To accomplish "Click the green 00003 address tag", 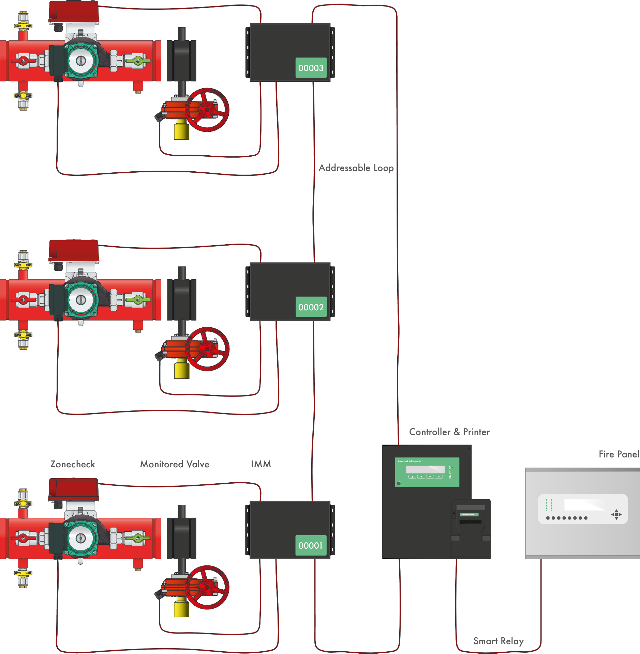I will point(311,68).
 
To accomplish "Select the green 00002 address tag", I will point(311,307).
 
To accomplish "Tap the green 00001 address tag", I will point(311,545).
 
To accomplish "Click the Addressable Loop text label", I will point(356,168).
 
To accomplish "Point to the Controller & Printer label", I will point(449,432).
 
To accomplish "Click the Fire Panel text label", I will point(619,454).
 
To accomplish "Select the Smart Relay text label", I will point(498,641).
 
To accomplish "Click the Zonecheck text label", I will point(73,464).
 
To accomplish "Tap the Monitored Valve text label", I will point(175,464).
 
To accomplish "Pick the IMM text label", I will point(261,464).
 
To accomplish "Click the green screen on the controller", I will point(427,472).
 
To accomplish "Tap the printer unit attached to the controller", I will point(471,528).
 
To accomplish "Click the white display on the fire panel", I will point(584,505).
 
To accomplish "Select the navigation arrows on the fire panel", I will point(616,514).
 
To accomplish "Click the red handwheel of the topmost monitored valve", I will point(207,110).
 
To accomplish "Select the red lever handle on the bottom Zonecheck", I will point(23,539).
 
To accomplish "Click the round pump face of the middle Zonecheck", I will point(81,300).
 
